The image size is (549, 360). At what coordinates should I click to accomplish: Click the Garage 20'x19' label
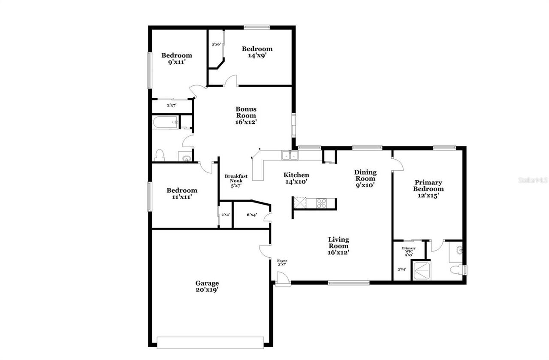click(207, 286)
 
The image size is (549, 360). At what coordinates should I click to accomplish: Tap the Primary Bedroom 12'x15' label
click(428, 189)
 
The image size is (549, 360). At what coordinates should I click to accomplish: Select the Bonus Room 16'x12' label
click(246, 115)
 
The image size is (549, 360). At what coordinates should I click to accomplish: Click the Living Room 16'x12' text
click(338, 246)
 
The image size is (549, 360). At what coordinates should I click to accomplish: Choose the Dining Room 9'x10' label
click(365, 178)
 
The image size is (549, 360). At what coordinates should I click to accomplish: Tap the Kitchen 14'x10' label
click(296, 178)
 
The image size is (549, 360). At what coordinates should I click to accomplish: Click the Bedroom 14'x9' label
click(257, 52)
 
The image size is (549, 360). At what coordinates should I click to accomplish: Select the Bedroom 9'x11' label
click(176, 58)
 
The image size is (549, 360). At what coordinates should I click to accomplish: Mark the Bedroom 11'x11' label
click(182, 194)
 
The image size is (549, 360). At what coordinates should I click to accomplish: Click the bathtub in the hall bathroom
click(166, 122)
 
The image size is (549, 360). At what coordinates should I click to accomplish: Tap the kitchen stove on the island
click(322, 203)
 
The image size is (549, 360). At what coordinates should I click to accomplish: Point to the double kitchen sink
click(290, 155)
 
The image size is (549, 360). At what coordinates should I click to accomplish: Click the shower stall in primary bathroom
click(421, 270)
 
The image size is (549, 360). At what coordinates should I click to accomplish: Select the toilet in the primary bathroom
click(457, 270)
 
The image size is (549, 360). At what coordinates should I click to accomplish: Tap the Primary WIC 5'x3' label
click(408, 251)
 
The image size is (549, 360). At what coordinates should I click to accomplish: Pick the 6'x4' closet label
click(252, 215)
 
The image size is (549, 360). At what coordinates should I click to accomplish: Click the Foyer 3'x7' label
click(282, 263)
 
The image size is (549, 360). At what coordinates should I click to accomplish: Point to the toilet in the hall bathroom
click(160, 154)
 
